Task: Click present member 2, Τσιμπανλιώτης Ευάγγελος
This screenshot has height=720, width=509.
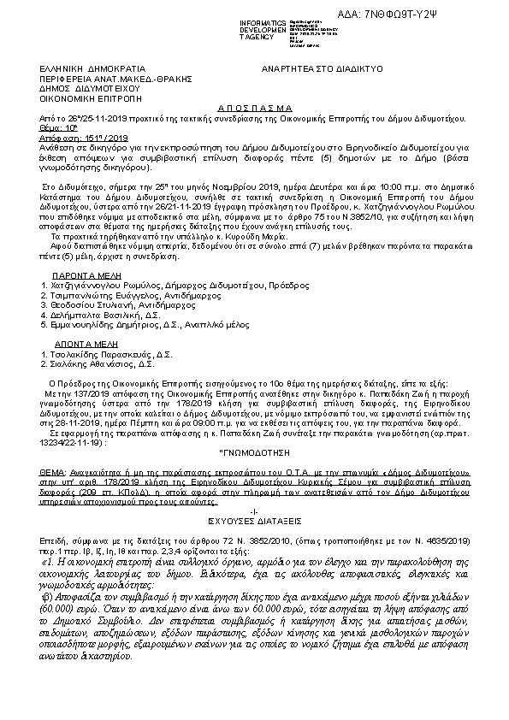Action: pyautogui.click(x=102, y=291)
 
